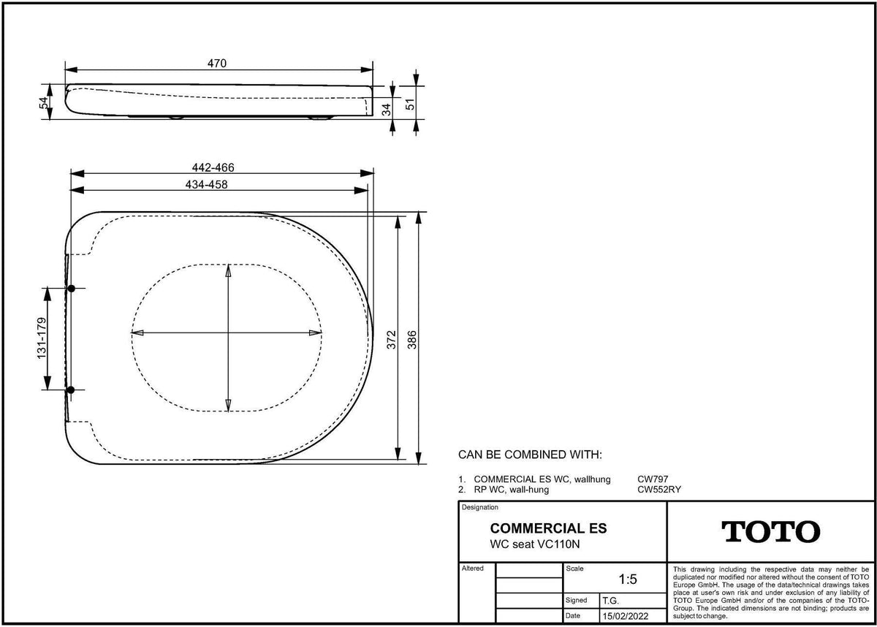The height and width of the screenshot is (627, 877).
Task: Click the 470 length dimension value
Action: click(x=217, y=64)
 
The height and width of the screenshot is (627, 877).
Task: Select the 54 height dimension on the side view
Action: click(x=44, y=103)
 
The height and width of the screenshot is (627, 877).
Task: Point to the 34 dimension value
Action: click(x=387, y=110)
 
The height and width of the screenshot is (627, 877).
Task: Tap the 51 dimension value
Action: click(x=409, y=104)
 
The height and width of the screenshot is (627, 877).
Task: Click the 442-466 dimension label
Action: click(x=213, y=167)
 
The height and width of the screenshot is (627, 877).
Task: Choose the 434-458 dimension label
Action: click(x=206, y=184)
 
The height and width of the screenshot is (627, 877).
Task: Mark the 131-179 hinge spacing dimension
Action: click(x=42, y=338)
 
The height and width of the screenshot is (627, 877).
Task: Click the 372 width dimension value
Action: click(x=392, y=340)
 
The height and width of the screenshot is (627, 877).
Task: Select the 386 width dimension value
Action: click(x=412, y=340)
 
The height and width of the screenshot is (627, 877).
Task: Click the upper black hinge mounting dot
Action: click(x=72, y=289)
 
